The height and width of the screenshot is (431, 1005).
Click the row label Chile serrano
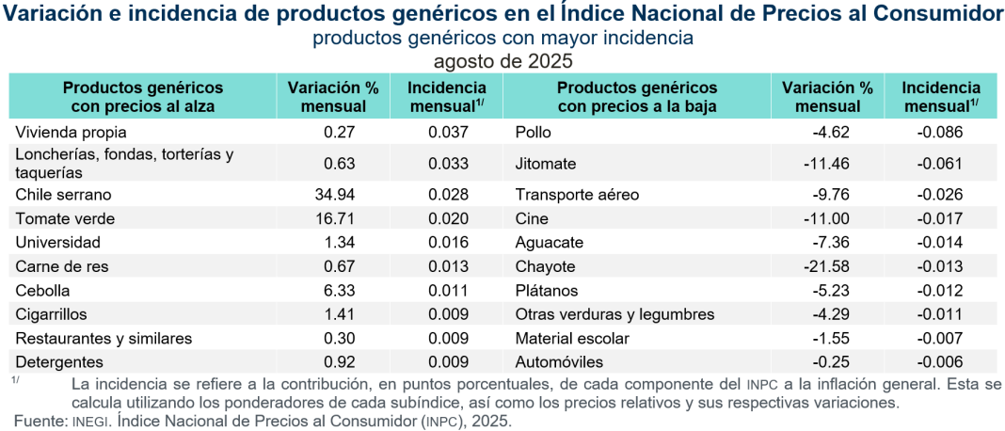tap(63, 195)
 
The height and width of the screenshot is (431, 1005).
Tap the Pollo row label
tap(534, 132)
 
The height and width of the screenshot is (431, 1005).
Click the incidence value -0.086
tap(940, 132)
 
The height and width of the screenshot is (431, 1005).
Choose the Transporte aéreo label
tap(577, 195)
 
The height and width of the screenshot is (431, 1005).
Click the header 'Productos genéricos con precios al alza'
tap(142, 97)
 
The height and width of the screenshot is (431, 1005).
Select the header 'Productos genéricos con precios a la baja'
tap(637, 97)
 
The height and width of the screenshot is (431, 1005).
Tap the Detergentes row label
tap(59, 361)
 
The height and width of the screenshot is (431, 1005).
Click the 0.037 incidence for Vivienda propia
tap(448, 132)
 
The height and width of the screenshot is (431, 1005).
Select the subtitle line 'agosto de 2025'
tap(502, 60)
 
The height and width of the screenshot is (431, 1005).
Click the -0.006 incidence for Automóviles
tap(940, 361)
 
